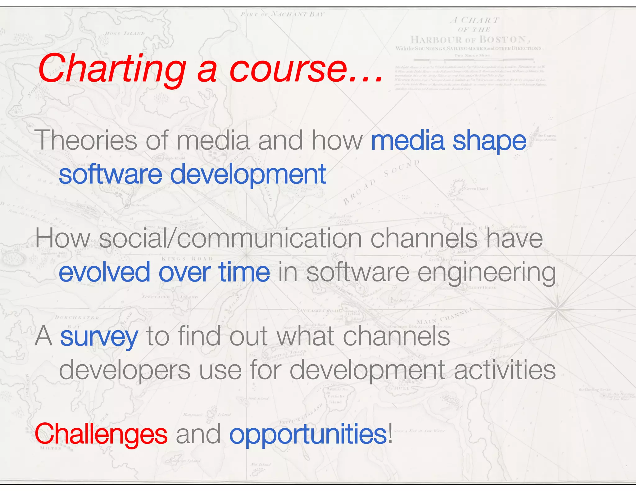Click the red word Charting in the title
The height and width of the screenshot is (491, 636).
tap(112, 69)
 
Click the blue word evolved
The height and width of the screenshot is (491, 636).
tap(104, 272)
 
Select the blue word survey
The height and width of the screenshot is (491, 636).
tap(99, 337)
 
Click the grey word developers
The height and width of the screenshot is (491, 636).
tap(125, 370)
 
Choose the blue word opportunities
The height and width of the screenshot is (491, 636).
tap(308, 435)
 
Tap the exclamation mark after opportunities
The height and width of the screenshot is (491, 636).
tap(390, 433)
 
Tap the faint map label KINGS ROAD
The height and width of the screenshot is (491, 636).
tap(187, 259)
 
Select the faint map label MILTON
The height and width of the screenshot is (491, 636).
tap(51, 448)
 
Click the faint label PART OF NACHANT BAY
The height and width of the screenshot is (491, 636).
tap(282, 14)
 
